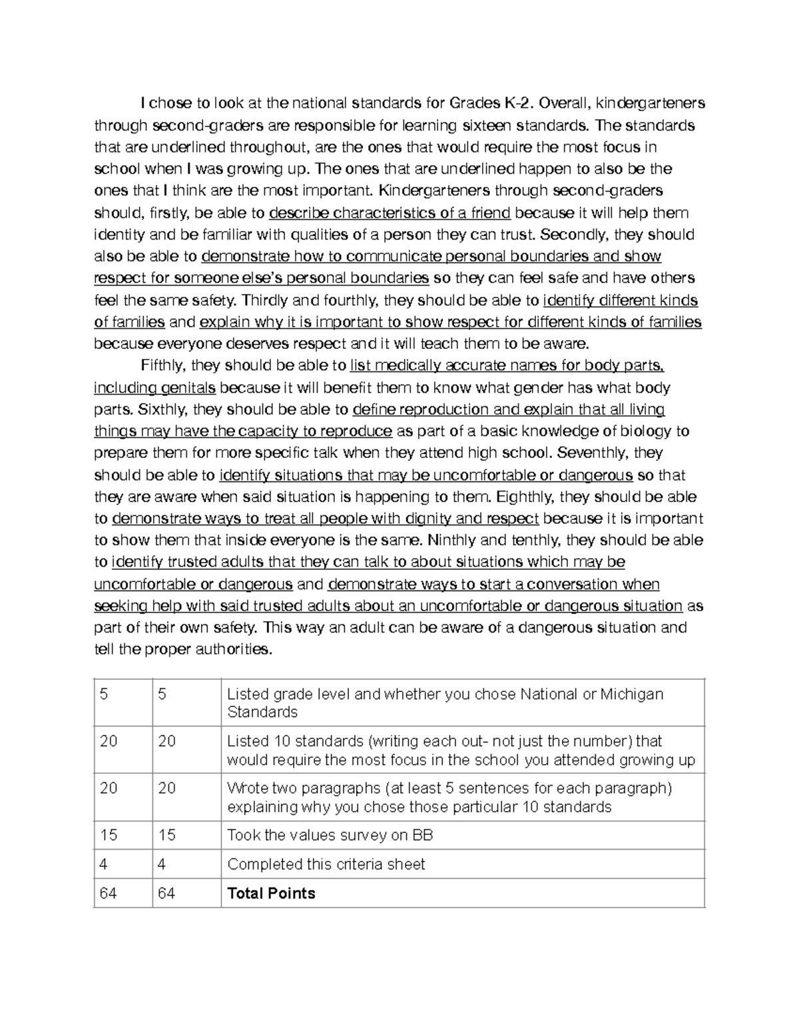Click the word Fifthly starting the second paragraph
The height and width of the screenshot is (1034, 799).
pyautogui.click(x=164, y=366)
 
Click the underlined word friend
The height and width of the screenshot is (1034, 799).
pyautogui.click(x=490, y=213)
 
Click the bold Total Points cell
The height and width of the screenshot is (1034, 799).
pyautogui.click(x=271, y=894)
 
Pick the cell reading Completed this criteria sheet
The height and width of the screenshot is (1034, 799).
pyautogui.click(x=326, y=864)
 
